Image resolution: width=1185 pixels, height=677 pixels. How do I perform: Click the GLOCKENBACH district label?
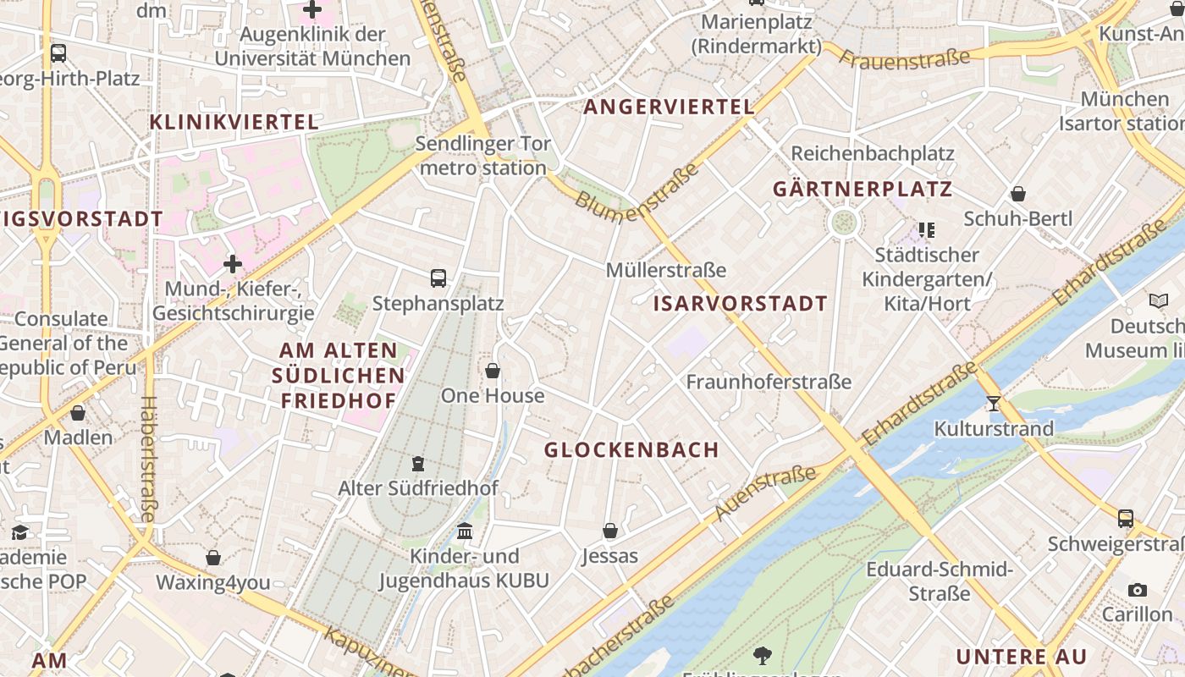(x=631, y=450)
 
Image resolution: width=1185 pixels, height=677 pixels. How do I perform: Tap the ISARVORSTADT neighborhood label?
(x=741, y=304)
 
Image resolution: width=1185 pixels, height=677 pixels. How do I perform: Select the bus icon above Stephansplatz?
(x=438, y=278)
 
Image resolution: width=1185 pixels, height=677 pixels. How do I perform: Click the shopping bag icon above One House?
(x=493, y=371)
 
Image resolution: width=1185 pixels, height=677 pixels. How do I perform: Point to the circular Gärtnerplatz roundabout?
(x=844, y=223)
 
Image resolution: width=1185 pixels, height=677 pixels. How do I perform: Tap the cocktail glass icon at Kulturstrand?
(x=994, y=404)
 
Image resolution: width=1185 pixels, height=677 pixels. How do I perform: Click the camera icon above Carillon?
(x=1138, y=590)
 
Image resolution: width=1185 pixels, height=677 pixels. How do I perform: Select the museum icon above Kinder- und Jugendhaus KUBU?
(x=465, y=531)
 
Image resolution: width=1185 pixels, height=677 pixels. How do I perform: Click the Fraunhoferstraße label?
(x=769, y=382)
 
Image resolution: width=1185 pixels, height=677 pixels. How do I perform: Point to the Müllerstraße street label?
(x=666, y=270)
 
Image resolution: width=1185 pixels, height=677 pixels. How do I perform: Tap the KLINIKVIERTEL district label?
(x=234, y=122)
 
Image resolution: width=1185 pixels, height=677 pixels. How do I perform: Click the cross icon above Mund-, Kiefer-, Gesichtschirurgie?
(x=233, y=264)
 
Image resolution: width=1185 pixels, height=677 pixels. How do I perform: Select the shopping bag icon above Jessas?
(x=609, y=531)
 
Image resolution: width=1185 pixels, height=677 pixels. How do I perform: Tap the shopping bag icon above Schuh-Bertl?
(x=1018, y=194)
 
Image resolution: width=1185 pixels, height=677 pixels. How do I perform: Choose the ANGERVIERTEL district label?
(x=669, y=107)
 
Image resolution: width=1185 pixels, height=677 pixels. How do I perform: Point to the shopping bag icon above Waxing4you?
(x=213, y=558)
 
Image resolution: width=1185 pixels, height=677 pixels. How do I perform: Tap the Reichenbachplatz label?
(x=873, y=153)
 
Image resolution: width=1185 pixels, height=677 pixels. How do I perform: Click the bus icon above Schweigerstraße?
(x=1126, y=518)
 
